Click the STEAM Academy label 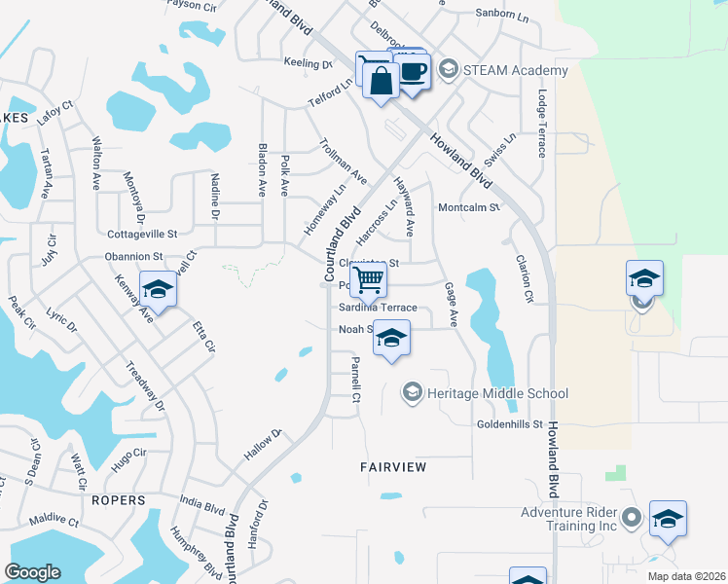502,70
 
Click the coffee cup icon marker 414,70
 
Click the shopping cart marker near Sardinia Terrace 369,279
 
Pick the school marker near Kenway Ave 158,288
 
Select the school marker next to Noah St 391,338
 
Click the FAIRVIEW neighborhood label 393,467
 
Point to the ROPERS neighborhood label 120,500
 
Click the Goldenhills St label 508,424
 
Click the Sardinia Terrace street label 378,308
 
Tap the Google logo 32,572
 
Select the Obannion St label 133,256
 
